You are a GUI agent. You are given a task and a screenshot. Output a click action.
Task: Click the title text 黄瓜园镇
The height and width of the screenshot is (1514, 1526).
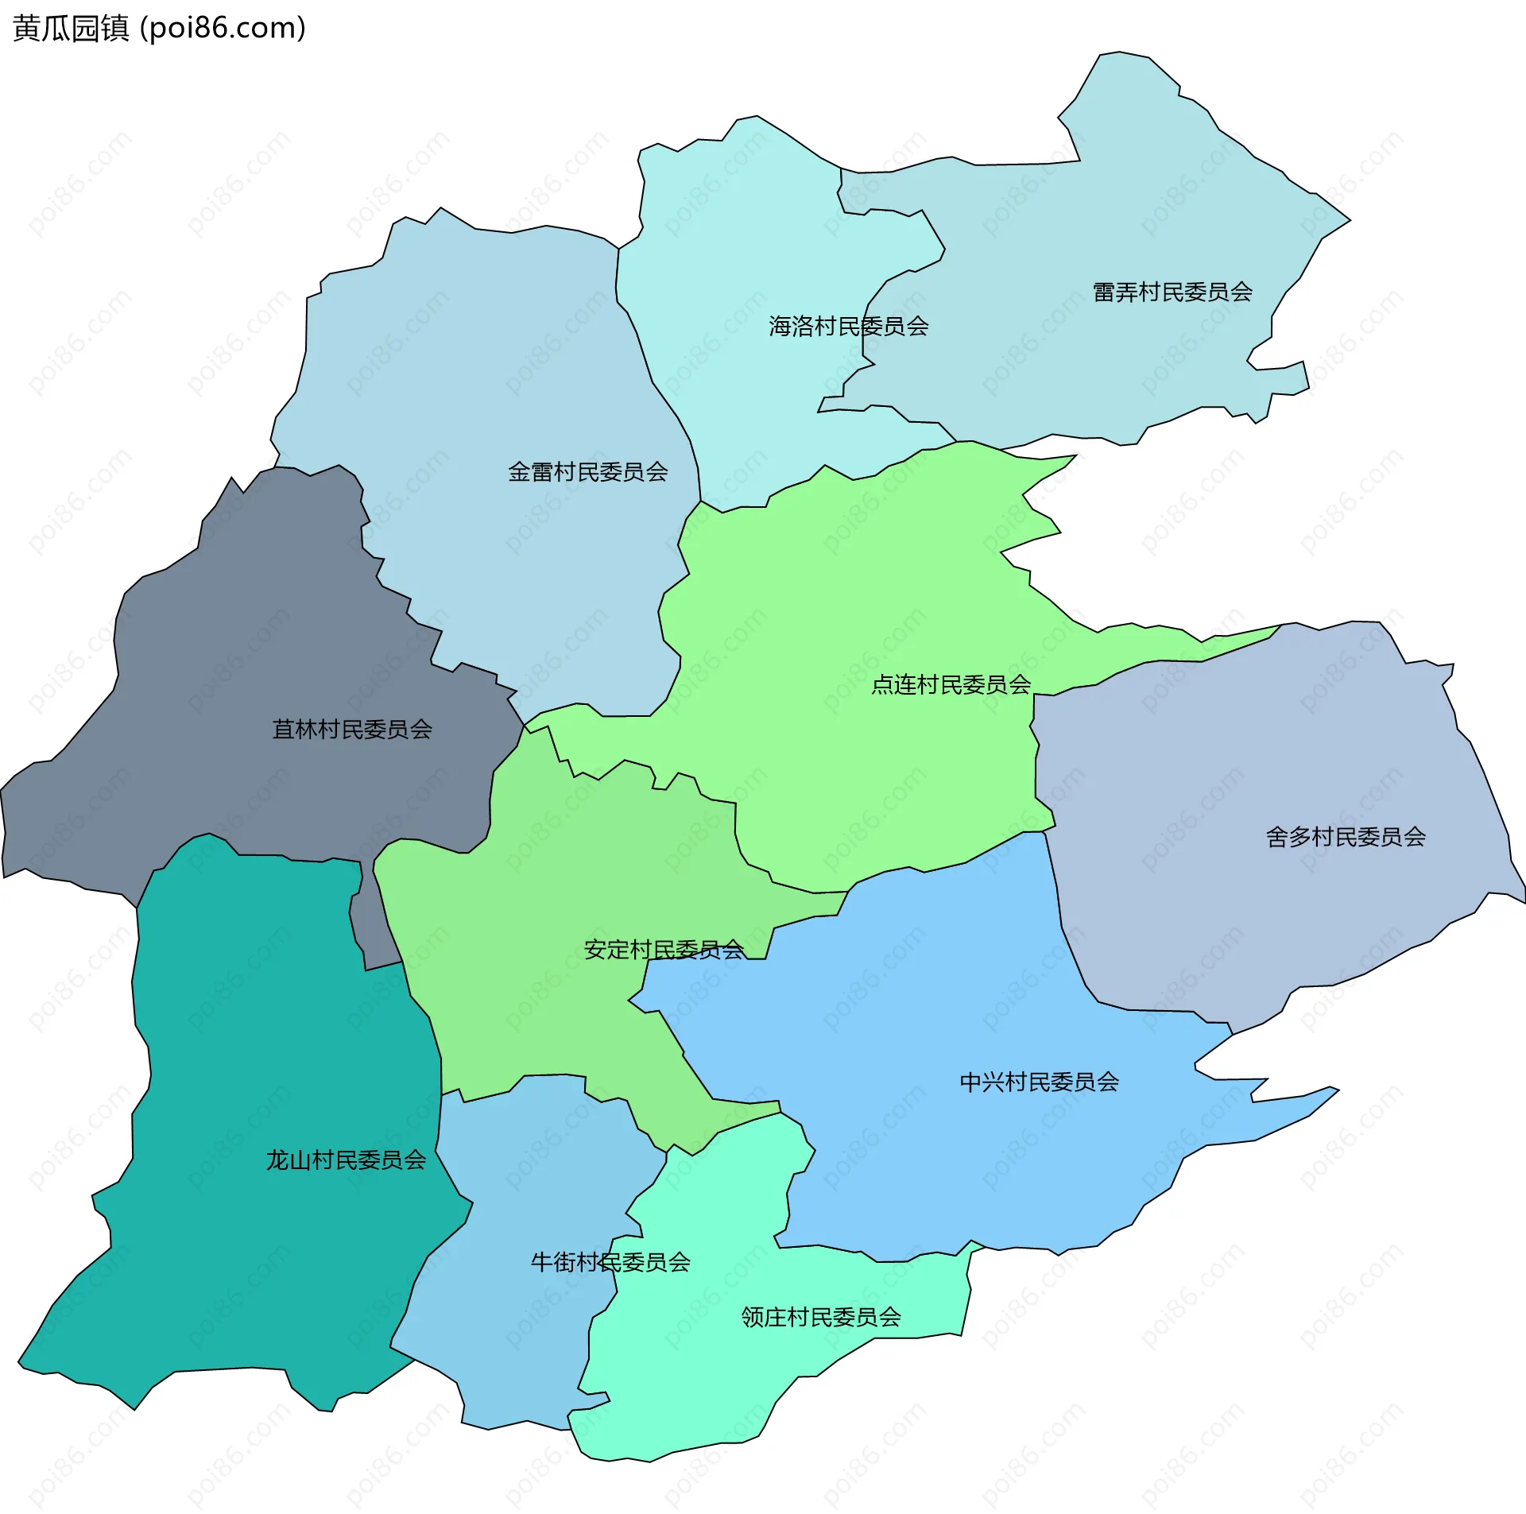71,29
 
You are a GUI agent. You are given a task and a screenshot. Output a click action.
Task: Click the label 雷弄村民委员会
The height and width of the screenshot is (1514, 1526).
1172,292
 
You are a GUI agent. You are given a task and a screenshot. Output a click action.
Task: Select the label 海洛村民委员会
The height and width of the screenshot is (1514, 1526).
848,327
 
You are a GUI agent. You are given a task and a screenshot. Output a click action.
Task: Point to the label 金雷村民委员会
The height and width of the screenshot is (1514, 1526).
587,472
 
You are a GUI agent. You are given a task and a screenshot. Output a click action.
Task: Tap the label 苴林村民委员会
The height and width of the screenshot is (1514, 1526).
352,730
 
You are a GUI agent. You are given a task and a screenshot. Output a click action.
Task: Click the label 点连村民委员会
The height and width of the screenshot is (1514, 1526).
951,684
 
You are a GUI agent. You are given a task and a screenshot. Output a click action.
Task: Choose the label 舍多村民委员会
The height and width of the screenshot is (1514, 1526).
1346,837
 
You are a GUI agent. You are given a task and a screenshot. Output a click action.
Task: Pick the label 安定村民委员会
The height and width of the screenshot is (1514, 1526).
664,950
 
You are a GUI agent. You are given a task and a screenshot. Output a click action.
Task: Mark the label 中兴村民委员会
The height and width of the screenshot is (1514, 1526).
1039,1082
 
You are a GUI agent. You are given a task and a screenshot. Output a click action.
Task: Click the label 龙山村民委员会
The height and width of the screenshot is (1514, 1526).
346,1160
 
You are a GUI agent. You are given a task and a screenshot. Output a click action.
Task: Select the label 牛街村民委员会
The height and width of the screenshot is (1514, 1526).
610,1262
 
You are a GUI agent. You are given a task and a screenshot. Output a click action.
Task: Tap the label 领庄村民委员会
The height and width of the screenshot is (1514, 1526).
821,1317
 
